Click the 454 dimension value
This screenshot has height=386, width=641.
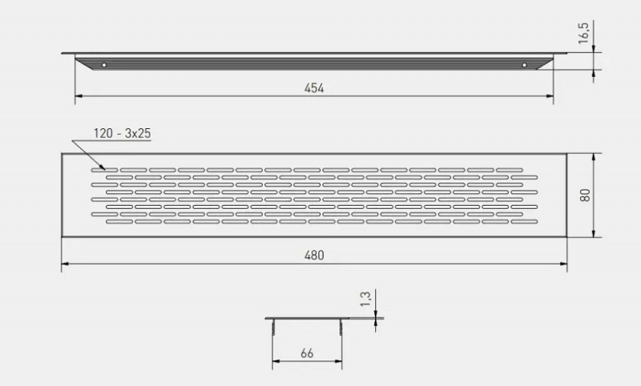click(x=314, y=88)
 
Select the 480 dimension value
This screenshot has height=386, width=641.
click(x=314, y=255)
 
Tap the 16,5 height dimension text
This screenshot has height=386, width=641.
click(x=583, y=33)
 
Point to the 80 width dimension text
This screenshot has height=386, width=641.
click(x=585, y=195)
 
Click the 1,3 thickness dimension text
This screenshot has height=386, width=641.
click(x=365, y=299)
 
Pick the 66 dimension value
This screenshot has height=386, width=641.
click(x=307, y=353)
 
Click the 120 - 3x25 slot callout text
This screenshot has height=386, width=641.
click(x=123, y=134)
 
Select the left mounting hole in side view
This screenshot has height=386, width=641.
click(x=104, y=65)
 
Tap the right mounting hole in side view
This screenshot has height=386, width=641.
click(x=525, y=65)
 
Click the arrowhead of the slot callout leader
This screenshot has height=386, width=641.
click(x=103, y=167)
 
